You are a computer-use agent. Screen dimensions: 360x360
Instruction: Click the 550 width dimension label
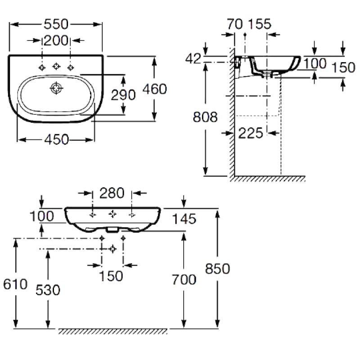(x=56, y=24)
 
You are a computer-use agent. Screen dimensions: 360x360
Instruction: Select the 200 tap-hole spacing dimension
(x=56, y=40)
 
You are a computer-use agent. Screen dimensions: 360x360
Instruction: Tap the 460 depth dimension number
(x=154, y=89)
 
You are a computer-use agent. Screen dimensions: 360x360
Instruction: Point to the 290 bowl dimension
(x=123, y=95)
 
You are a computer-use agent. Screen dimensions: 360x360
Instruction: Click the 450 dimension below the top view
(x=57, y=139)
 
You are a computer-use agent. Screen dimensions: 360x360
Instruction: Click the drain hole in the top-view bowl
(x=56, y=88)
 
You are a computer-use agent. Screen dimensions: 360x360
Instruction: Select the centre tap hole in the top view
(x=57, y=66)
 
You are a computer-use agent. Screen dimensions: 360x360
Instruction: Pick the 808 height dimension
(x=205, y=117)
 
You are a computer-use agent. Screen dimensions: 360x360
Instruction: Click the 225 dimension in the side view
(x=251, y=133)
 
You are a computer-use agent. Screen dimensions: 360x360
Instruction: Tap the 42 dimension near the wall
(x=193, y=58)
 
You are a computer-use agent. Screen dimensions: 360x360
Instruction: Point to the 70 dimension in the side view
(x=234, y=24)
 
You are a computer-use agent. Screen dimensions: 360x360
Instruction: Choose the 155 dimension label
(x=260, y=24)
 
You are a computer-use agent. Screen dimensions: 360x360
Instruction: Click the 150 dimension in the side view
(x=343, y=67)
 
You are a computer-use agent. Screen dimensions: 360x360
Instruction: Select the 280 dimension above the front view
(x=112, y=193)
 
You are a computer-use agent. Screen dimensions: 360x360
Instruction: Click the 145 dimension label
(x=184, y=219)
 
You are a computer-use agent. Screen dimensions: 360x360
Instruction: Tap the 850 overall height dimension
(x=217, y=269)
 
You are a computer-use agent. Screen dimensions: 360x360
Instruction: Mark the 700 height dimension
(x=184, y=279)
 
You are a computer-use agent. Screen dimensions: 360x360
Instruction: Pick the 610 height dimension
(x=15, y=284)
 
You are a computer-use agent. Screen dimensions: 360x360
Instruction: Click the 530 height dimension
(x=48, y=290)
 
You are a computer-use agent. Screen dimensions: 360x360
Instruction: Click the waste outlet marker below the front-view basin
(x=112, y=249)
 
